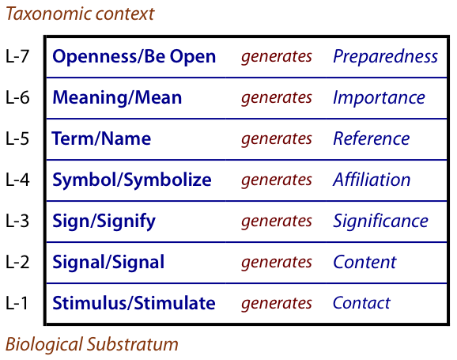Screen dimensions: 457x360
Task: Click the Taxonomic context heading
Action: pos(80,13)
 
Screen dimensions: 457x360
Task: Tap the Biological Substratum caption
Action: pos(92,344)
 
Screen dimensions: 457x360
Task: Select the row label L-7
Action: pos(17,56)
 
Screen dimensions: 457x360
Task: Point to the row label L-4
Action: pos(17,180)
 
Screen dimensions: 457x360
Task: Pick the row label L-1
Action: pos(17,303)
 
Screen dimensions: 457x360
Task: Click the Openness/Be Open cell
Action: pos(134,57)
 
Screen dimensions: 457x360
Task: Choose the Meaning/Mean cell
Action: pos(117,98)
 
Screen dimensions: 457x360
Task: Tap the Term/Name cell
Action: pos(101,138)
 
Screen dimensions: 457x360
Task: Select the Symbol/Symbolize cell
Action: pos(132,180)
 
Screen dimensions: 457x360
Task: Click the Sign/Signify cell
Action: pos(104,221)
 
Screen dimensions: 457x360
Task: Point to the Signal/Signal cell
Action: pos(108,262)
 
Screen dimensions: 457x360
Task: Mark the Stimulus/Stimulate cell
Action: pos(134,303)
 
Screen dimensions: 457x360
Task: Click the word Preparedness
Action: pos(385,57)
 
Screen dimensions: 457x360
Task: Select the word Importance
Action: pos(379,98)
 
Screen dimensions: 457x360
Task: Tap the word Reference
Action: pos(372,138)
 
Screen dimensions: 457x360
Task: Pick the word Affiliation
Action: pos(372,180)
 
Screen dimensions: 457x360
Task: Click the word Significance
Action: pos(380,221)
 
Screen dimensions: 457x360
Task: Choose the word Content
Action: pos(364,262)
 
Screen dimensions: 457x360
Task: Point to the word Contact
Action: pos(361,303)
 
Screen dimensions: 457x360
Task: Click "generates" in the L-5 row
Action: pos(277,139)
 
